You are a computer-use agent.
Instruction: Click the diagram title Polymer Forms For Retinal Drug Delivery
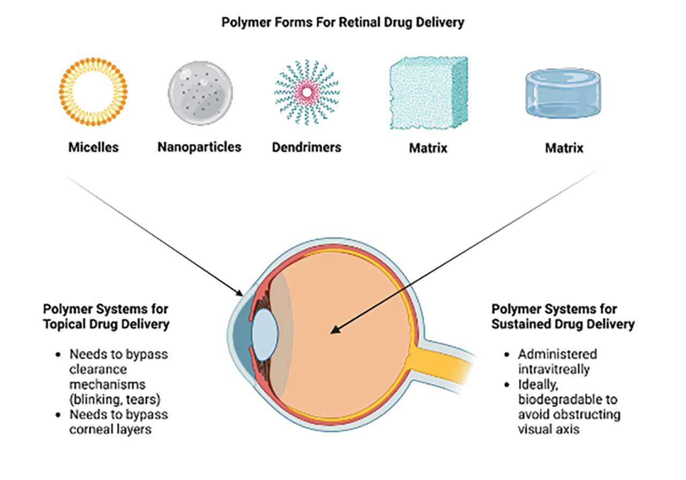point(342,24)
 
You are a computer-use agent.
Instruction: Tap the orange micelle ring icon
point(93,92)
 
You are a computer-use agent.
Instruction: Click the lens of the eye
point(265,334)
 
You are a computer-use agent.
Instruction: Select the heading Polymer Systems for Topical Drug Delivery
point(106,317)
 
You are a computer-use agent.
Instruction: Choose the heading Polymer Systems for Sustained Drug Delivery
point(563,317)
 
